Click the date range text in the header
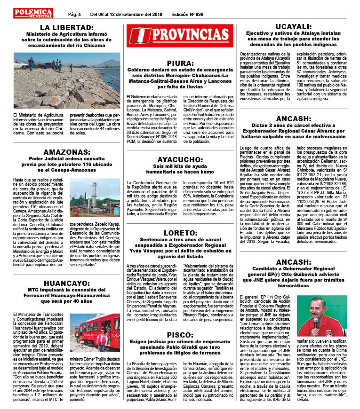(x=127, y=14)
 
